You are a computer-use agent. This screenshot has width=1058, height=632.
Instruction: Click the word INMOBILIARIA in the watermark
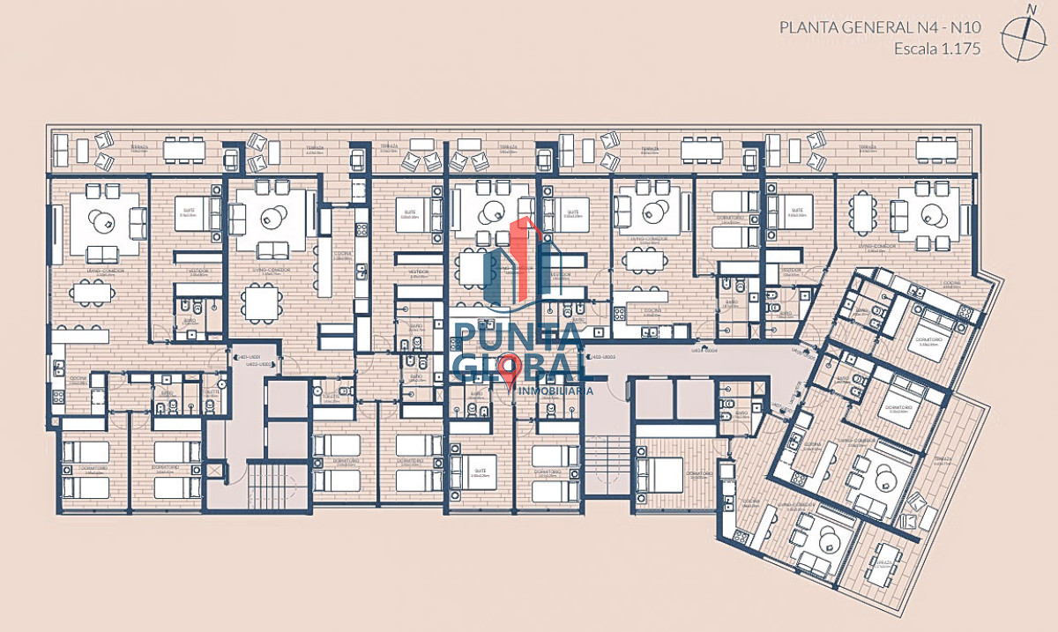555,389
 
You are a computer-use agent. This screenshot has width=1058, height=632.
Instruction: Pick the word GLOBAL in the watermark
516,365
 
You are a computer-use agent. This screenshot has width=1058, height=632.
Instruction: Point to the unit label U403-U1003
601,356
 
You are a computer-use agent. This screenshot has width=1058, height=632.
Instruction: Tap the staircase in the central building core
607,465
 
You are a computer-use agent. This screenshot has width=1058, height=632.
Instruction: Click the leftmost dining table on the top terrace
183,152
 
